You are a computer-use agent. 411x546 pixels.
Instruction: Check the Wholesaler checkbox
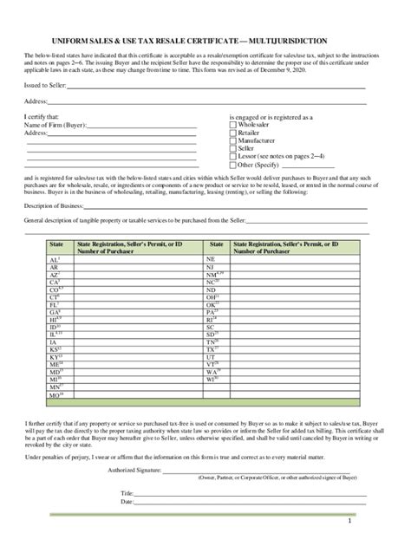coord(232,125)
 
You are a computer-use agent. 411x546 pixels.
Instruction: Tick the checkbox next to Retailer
coord(232,133)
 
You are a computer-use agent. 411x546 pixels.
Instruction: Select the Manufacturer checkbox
coord(232,140)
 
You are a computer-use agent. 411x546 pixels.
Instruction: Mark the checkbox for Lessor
coord(232,156)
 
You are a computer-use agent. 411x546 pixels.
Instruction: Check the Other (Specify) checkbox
coord(232,164)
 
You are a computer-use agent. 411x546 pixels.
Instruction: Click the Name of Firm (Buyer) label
coord(55,125)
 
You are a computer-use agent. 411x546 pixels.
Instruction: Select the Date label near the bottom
coord(127,502)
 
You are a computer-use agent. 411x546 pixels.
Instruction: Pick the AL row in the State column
coord(54,259)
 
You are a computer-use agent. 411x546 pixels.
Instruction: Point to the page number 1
coord(349,522)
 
